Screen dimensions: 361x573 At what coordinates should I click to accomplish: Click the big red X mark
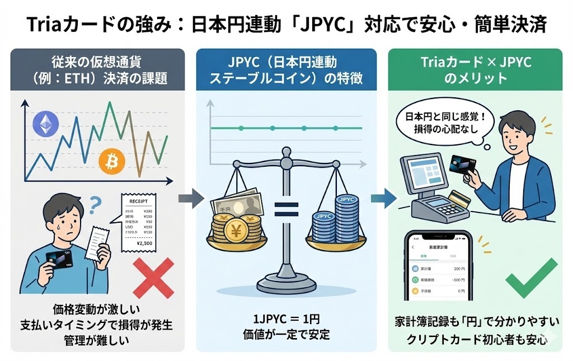[x=152, y=279]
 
